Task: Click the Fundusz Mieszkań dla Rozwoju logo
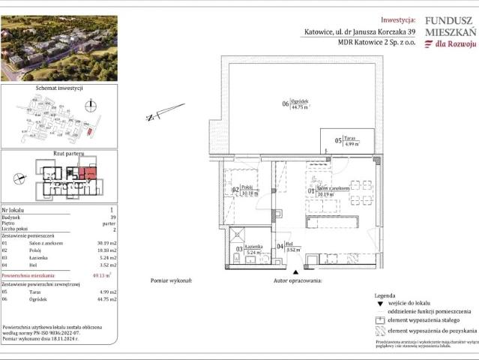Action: [x=449, y=33]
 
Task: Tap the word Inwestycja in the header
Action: [x=398, y=20]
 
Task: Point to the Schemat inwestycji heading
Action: [x=58, y=88]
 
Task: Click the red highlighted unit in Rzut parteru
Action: [x=88, y=176]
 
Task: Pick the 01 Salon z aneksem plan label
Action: [x=327, y=190]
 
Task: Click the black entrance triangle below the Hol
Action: [x=297, y=271]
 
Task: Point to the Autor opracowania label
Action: [x=298, y=280]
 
